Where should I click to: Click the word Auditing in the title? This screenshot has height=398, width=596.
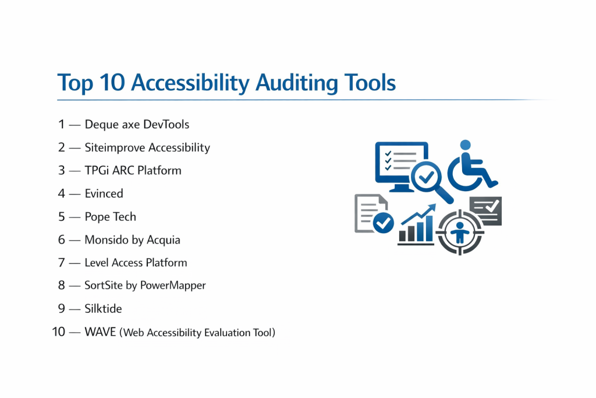pyautogui.click(x=296, y=83)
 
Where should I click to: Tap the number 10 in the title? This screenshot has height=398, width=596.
pyautogui.click(x=112, y=82)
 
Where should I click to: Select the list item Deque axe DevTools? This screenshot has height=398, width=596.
pyautogui.click(x=137, y=125)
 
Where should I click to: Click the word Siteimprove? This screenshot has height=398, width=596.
pyautogui.click(x=115, y=147)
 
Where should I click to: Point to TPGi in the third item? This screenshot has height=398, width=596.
pyautogui.click(x=97, y=171)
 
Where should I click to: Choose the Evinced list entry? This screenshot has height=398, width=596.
pyautogui.click(x=104, y=193)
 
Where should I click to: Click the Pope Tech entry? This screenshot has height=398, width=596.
pyautogui.click(x=110, y=217)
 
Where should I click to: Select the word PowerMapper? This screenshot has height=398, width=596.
pyautogui.click(x=173, y=286)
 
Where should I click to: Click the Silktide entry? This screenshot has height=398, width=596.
pyautogui.click(x=103, y=309)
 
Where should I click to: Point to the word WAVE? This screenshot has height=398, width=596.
pyautogui.click(x=100, y=332)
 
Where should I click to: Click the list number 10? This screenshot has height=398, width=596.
pyautogui.click(x=59, y=332)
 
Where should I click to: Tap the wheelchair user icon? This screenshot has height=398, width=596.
pyautogui.click(x=471, y=166)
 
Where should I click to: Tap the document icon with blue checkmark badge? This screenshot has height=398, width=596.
pyautogui.click(x=374, y=213)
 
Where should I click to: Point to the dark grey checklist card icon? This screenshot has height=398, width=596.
pyautogui.click(x=486, y=210)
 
